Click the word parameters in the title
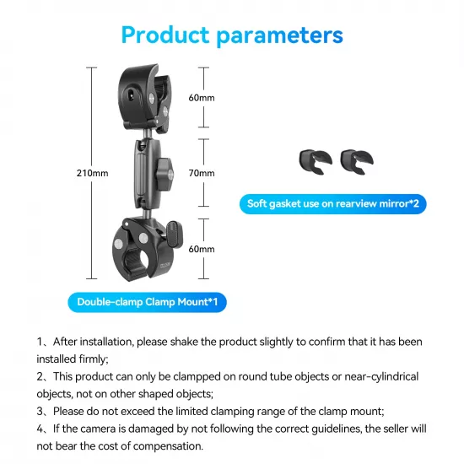click(286, 35)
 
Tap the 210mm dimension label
click(93, 174)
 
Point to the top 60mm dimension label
click(202, 98)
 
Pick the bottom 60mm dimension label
click(202, 250)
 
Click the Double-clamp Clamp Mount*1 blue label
click(148, 301)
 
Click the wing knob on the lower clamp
click(174, 229)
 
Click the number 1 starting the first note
click(40, 342)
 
